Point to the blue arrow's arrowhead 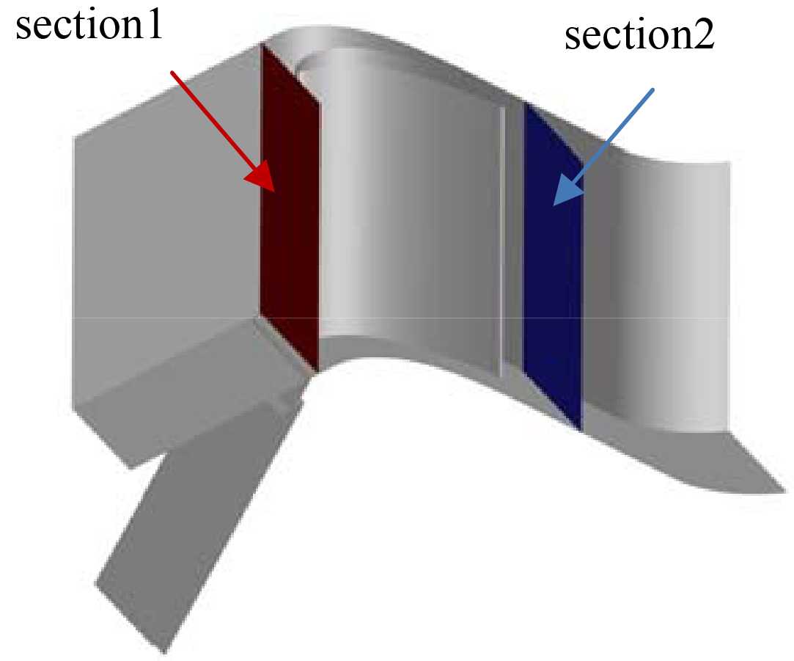click(x=565, y=192)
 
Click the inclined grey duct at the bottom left click(x=191, y=514)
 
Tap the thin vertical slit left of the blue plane click(x=501, y=242)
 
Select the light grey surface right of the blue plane click(x=660, y=293)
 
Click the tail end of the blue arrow click(x=652, y=90)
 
